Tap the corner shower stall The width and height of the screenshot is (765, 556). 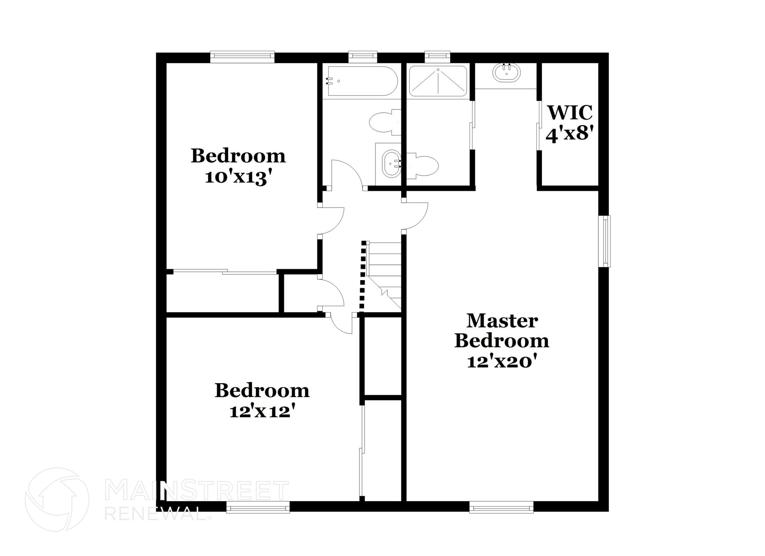pos(438,81)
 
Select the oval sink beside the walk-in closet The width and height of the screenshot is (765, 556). pos(507,72)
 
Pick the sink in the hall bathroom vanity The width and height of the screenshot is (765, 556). pos(391,164)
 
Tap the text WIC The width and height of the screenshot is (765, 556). pos(570,112)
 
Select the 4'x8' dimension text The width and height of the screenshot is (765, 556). pos(570,133)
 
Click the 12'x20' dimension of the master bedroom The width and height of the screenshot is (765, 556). pos(502,361)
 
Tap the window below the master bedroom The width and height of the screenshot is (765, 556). pos(501,507)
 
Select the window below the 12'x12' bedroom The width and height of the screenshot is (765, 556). pos(258,507)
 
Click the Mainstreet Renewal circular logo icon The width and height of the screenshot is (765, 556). pos(57,499)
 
